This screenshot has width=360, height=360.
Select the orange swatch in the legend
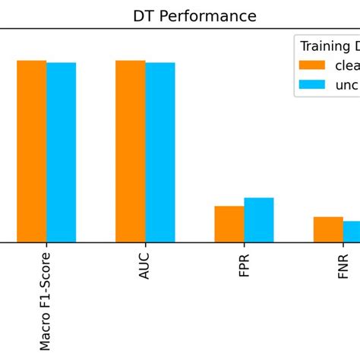(312, 65)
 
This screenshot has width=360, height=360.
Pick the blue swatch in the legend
(312, 85)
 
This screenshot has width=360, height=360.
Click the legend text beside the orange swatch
(347, 65)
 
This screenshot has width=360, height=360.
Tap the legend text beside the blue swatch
(347, 85)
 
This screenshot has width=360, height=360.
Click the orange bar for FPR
(229, 224)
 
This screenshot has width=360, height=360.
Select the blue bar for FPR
(259, 219)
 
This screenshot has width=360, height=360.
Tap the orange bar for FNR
(328, 229)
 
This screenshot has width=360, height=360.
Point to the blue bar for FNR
(352, 232)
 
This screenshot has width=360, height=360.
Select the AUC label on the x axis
(145, 264)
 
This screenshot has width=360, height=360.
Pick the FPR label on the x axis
(244, 263)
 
